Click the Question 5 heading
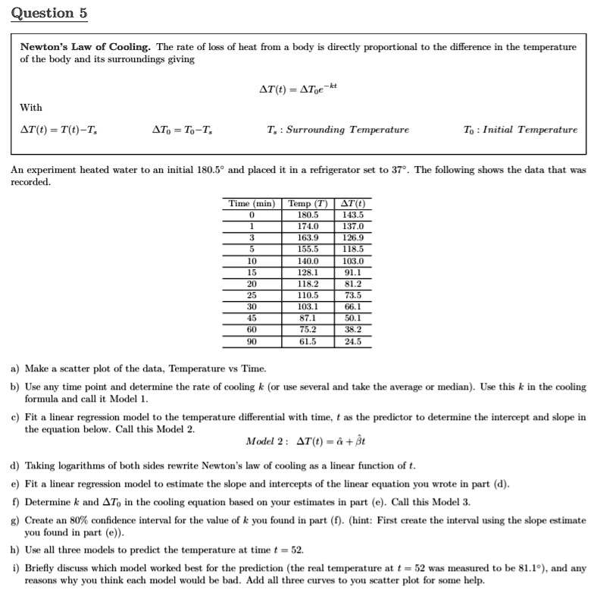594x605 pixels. pyautogui.click(x=44, y=13)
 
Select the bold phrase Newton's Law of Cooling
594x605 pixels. pyautogui.click(x=86, y=47)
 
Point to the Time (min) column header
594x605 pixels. pyautogui.click(x=251, y=203)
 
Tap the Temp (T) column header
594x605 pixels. pyautogui.click(x=307, y=203)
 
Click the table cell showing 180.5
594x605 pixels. pyautogui.click(x=307, y=215)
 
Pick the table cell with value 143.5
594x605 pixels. pyautogui.click(x=353, y=215)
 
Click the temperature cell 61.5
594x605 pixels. pyautogui.click(x=307, y=341)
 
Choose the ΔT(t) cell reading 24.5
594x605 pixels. pyautogui.click(x=353, y=341)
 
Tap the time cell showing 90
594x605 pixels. pyautogui.click(x=251, y=341)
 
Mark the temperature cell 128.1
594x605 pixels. pyautogui.click(x=307, y=271)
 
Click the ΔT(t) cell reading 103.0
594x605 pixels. pyautogui.click(x=353, y=260)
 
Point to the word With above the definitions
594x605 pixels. pyautogui.click(x=31, y=108)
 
